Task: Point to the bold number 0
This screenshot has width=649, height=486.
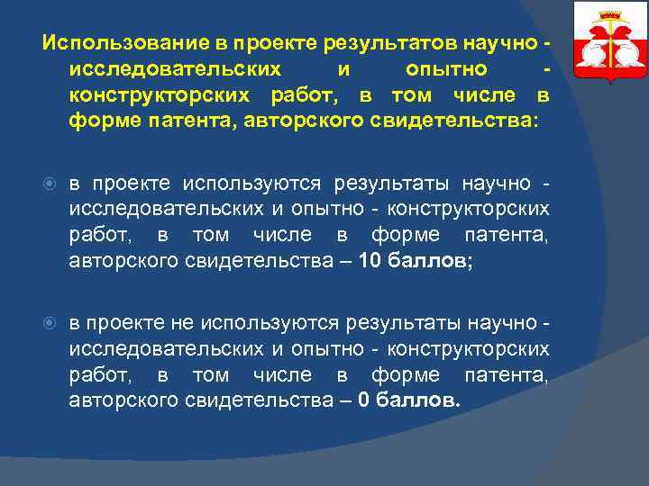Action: tap(363, 400)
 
